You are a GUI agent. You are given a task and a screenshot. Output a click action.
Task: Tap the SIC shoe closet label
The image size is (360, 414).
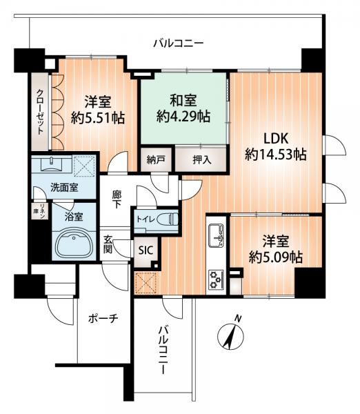click(x=146, y=251)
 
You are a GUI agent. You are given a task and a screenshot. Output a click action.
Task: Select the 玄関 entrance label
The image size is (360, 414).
click(x=109, y=244)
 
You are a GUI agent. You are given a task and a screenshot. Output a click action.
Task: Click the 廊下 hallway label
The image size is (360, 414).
click(x=117, y=199)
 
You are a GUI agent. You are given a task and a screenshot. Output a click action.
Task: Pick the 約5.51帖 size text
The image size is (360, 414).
click(x=98, y=118)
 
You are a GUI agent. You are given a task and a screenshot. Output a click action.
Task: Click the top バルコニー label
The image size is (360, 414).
click(x=178, y=44)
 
